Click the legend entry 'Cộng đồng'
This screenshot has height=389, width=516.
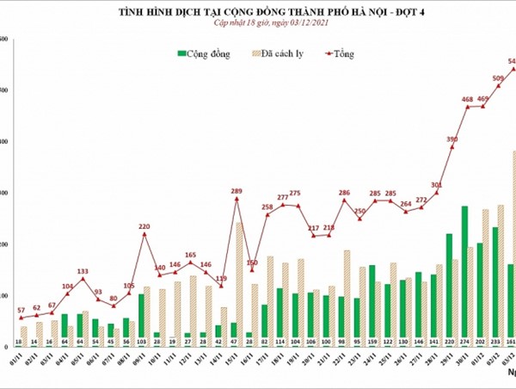coord(206,53)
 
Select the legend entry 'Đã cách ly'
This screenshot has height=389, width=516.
coord(283,53)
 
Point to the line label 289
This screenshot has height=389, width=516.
coord(236,190)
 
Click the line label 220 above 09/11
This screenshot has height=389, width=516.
coord(144,225)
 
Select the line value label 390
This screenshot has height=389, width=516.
coord(452,139)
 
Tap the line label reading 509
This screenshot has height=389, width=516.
coord(498,78)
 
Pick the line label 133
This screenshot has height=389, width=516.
coord(83,270)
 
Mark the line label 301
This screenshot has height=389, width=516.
coord(437,184)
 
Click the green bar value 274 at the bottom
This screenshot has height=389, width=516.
coord(465,342)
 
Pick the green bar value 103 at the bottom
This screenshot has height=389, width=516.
coord(142,342)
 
